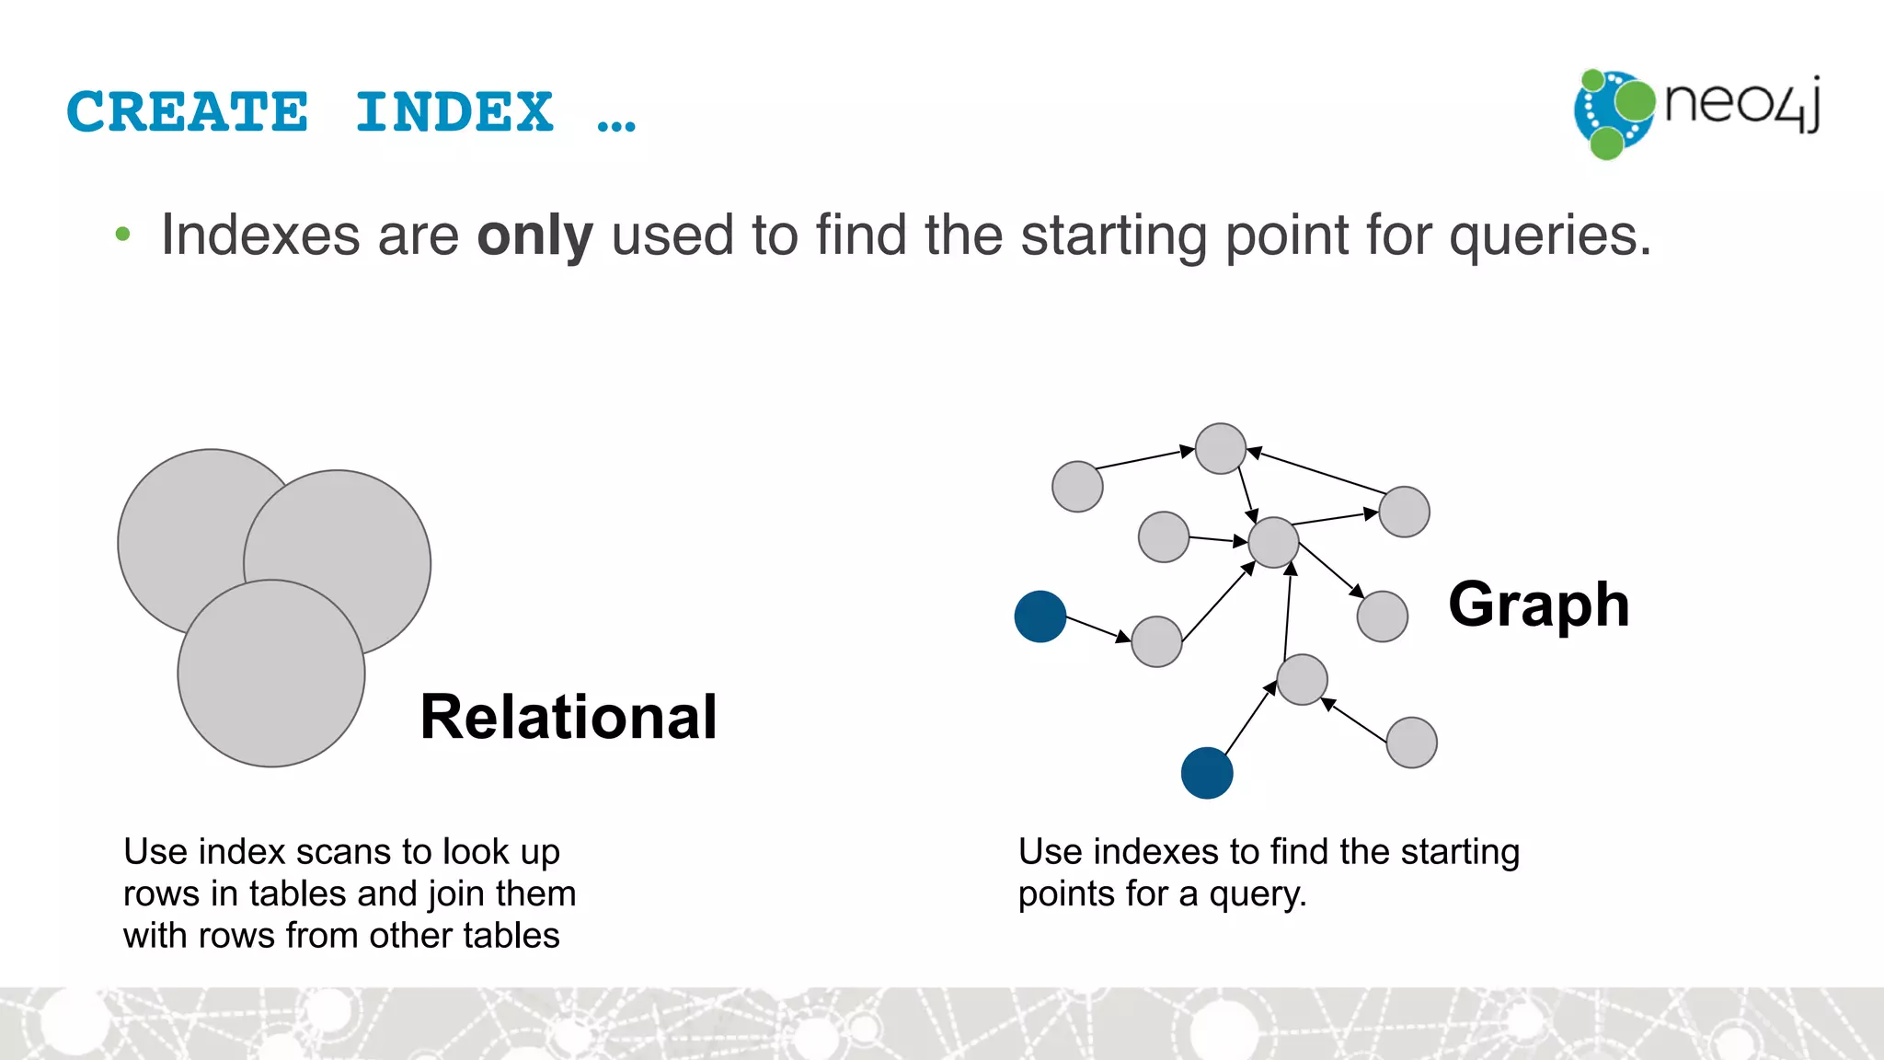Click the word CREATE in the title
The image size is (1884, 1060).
pyautogui.click(x=188, y=112)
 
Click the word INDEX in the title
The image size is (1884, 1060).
pyautogui.click(x=454, y=112)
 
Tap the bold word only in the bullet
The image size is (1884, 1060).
pyautogui.click(x=534, y=236)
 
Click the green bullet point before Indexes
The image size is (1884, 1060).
pyautogui.click(x=122, y=235)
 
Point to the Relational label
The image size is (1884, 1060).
pyautogui.click(x=568, y=717)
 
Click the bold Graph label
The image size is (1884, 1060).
pyautogui.click(x=1538, y=605)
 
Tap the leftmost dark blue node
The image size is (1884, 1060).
pyautogui.click(x=1040, y=616)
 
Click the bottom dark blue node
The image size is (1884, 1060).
pyautogui.click(x=1206, y=773)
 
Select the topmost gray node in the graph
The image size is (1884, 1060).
pyautogui.click(x=1220, y=448)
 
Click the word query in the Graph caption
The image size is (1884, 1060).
pyautogui.click(x=1257, y=894)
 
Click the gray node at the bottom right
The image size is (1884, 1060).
pyautogui.click(x=1411, y=743)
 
